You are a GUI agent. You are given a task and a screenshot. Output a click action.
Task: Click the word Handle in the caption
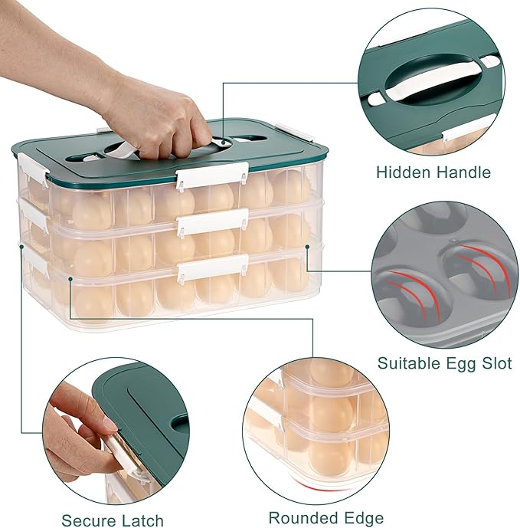pyautogui.click(x=464, y=172)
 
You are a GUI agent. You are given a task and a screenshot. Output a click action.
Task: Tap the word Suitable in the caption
pyautogui.click(x=408, y=364)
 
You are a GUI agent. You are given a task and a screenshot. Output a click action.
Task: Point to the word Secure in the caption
pyautogui.click(x=88, y=520)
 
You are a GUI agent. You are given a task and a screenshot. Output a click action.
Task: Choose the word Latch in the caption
pyautogui.click(x=142, y=520)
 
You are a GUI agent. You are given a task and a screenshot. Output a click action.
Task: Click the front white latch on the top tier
pyautogui.click(x=212, y=175)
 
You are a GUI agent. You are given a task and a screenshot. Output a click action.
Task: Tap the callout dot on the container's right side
pyautogui.click(x=307, y=247)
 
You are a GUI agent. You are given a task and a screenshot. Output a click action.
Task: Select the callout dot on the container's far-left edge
pyautogui.click(x=21, y=247)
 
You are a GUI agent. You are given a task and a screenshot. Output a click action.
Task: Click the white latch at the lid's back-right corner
pyautogui.click(x=293, y=132)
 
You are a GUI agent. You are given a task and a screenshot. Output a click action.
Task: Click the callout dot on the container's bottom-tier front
pyautogui.click(x=70, y=279)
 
